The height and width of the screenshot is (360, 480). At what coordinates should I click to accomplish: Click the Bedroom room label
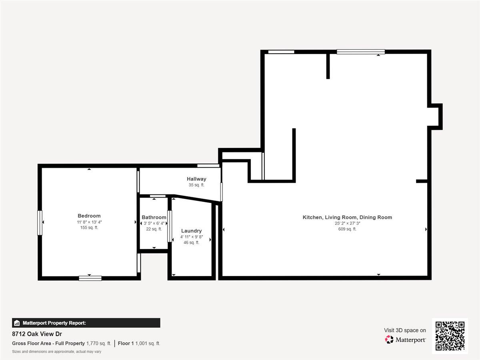click(x=89, y=216)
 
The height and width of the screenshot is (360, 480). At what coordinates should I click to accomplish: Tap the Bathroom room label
click(x=154, y=217)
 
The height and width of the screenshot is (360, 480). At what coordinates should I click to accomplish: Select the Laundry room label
click(x=191, y=231)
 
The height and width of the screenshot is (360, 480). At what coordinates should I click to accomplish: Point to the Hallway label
click(x=196, y=179)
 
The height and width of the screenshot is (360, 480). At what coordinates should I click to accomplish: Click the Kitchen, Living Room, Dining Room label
click(x=347, y=217)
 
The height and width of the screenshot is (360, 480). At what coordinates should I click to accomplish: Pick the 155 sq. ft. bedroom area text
click(x=89, y=228)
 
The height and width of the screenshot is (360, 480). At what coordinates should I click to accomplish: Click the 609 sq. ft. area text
click(x=347, y=229)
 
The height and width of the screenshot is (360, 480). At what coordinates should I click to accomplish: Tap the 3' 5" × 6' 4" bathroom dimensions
click(x=154, y=223)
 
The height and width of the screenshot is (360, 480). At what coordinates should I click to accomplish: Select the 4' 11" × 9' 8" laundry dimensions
click(x=191, y=237)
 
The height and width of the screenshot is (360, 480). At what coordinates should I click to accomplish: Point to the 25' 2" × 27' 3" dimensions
click(x=347, y=223)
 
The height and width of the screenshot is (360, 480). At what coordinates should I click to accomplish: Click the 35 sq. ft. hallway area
click(x=196, y=185)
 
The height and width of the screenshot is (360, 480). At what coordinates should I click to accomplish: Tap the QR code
click(x=450, y=336)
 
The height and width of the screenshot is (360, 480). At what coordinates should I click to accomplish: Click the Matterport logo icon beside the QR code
click(x=389, y=340)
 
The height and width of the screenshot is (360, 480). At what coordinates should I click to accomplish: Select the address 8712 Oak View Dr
click(x=37, y=334)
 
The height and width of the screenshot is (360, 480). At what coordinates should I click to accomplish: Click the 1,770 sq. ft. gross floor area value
click(x=98, y=343)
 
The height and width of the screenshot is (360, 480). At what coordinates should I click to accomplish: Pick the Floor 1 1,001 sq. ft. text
click(x=139, y=343)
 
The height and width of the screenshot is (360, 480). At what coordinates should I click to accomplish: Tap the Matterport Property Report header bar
click(x=86, y=323)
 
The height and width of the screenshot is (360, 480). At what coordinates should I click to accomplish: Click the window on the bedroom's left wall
click(x=40, y=222)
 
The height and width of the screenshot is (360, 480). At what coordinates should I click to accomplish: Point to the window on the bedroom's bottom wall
click(x=90, y=278)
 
